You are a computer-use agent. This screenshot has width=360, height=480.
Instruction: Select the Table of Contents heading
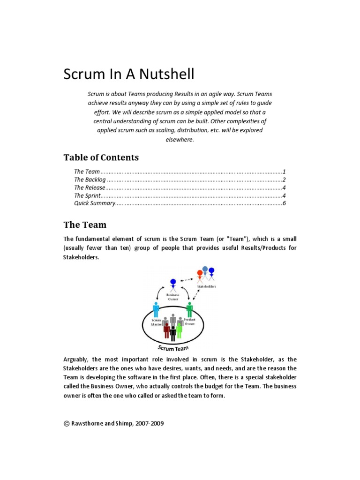click(101, 157)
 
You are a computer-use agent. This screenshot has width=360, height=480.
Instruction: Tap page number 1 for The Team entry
click(284, 172)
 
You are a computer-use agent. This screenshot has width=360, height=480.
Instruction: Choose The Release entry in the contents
click(89, 187)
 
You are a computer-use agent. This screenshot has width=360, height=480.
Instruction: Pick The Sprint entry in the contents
click(87, 195)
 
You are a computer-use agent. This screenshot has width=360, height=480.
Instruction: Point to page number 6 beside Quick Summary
click(284, 203)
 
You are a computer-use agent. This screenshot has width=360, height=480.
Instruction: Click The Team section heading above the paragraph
click(85, 225)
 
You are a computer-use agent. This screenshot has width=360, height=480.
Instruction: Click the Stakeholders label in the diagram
click(207, 286)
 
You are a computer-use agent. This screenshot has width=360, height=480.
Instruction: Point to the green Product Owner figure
click(189, 309)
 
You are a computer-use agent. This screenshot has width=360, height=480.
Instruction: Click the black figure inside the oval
click(173, 332)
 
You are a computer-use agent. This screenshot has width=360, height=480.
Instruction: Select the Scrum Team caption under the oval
click(173, 348)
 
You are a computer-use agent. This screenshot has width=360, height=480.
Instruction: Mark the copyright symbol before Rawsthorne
click(66, 423)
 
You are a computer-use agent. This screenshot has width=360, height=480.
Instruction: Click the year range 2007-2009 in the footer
click(150, 423)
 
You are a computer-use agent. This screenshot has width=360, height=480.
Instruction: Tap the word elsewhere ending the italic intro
click(179, 139)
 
